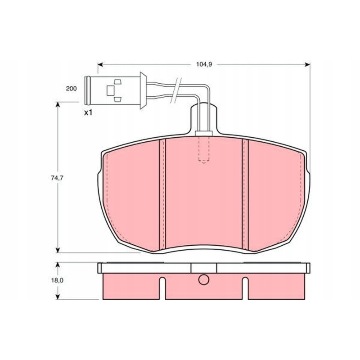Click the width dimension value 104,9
[204, 64]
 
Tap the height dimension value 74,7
[56, 178]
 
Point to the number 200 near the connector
[71, 89]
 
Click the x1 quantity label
[88, 112]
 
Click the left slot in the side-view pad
[163, 288]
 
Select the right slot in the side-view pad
[245, 288]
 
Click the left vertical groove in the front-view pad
[162, 193]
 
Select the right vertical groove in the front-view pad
[246, 193]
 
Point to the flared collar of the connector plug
[142, 90]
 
